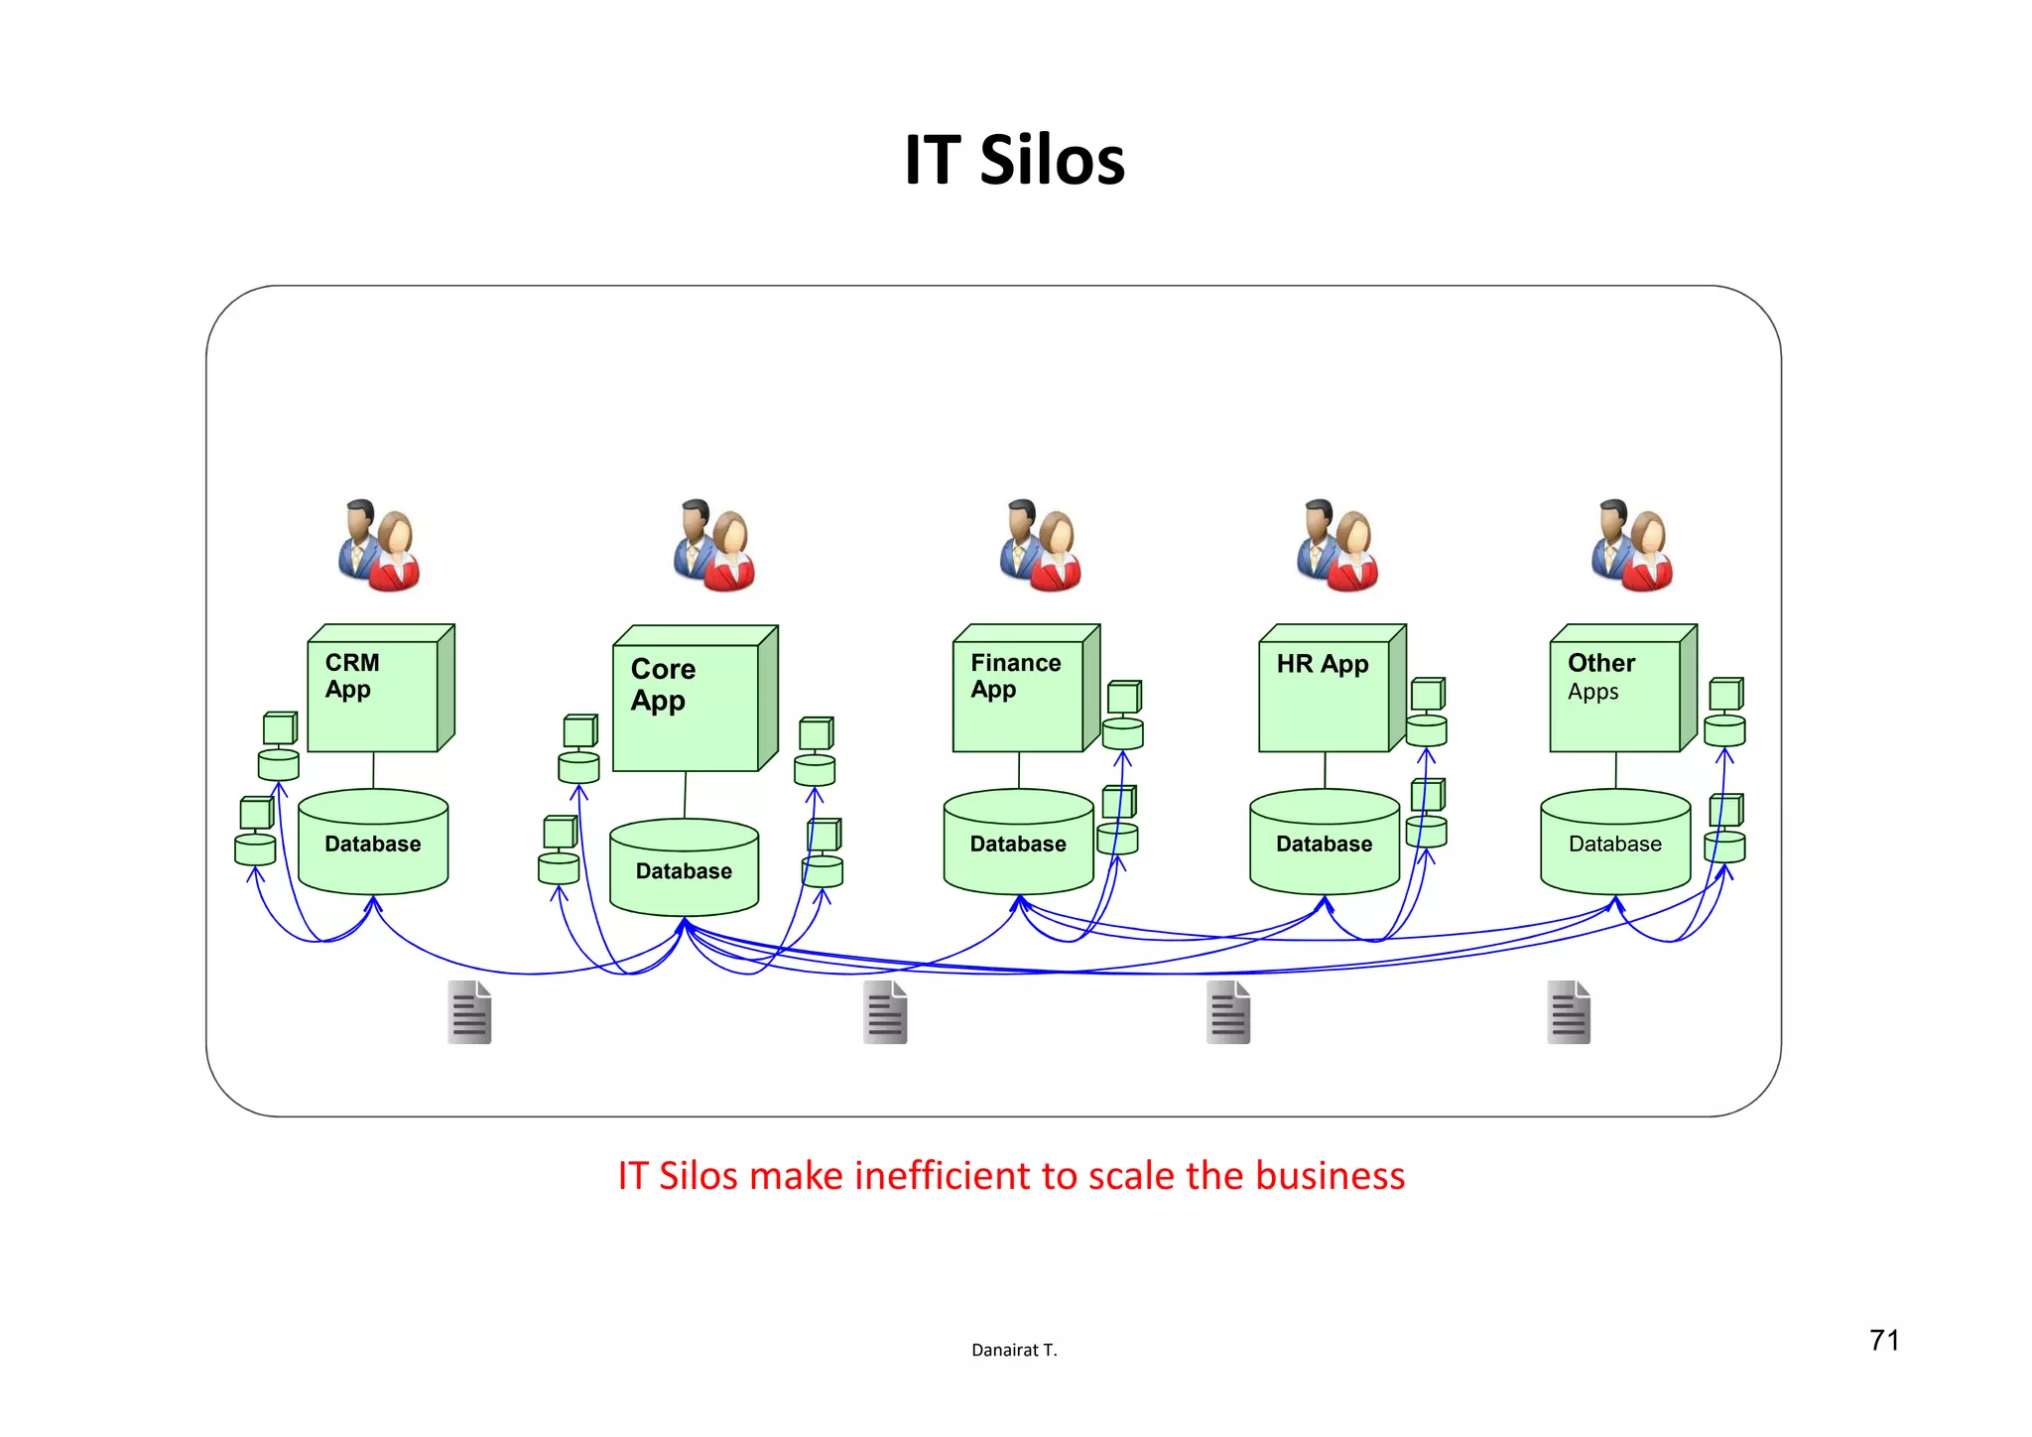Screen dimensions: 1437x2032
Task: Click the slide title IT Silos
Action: pos(1014,160)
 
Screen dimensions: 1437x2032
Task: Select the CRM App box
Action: pos(373,695)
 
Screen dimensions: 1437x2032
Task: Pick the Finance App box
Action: pos(1019,695)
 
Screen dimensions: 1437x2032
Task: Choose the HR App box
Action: pos(1325,695)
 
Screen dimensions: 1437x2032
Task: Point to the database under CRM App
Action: pos(373,844)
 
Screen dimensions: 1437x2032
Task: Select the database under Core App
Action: pos(684,870)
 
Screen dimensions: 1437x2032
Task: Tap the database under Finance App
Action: pos(1018,844)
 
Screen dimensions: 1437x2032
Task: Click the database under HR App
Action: pos(1324,844)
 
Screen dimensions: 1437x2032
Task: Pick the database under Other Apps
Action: pos(1614,844)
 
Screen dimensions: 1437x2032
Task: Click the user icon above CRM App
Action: pos(379,546)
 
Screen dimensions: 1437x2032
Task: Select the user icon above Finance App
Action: pos(1041,546)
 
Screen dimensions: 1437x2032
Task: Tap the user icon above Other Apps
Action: pos(1632,546)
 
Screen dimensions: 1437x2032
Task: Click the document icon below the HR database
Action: pos(1228,1012)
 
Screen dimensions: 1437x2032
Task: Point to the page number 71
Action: pos(1884,1341)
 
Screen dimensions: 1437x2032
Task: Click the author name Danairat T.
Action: pos(1014,1350)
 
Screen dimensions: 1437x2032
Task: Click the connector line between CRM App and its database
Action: pos(373,770)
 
